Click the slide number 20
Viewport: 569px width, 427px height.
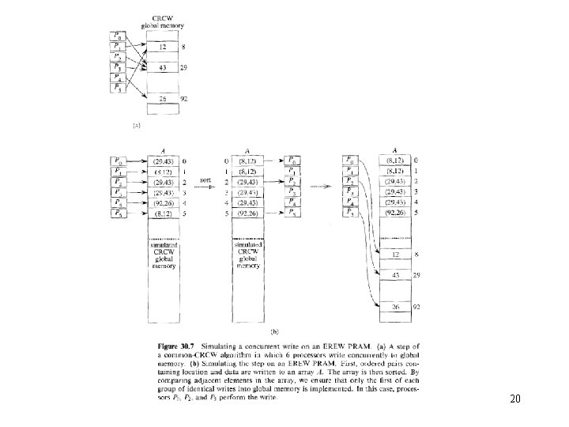pyautogui.click(x=515, y=399)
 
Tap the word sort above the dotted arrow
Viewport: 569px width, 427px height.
pyautogui.click(x=205, y=179)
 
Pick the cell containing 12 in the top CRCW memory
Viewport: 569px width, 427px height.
pyautogui.click(x=161, y=48)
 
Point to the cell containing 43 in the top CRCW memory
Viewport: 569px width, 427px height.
pyautogui.click(x=161, y=70)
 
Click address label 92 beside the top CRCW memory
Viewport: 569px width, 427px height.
pyautogui.click(x=183, y=100)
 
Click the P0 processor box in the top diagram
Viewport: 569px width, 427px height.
pyautogui.click(x=119, y=35)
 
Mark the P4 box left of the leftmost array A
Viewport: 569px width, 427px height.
pyautogui.click(x=117, y=202)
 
